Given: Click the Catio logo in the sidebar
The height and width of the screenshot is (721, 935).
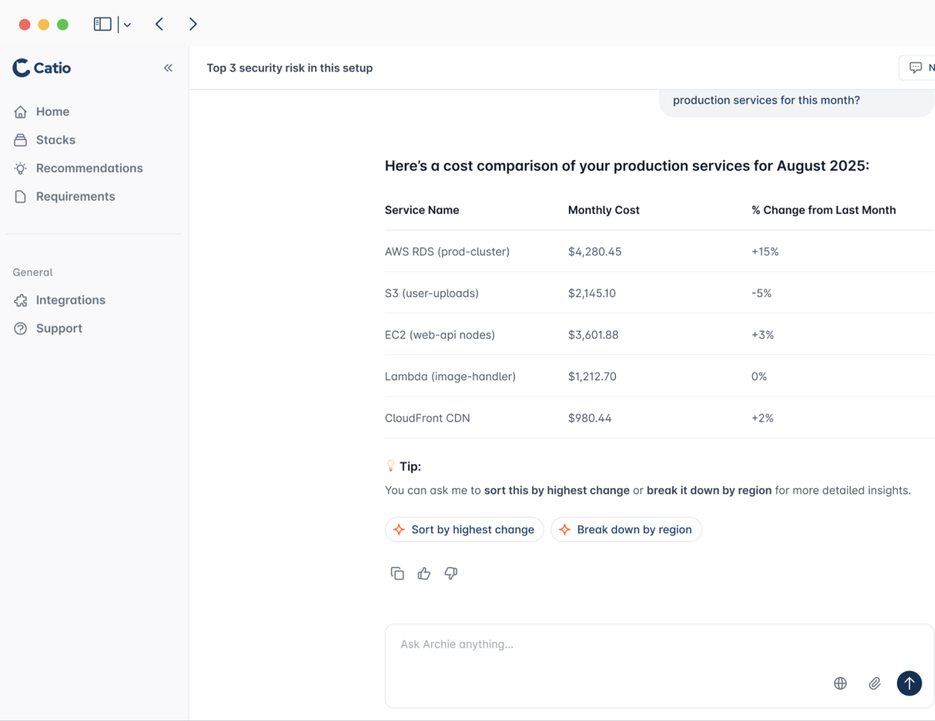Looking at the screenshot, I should [x=42, y=68].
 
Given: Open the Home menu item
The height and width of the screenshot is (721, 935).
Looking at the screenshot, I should [x=52, y=112].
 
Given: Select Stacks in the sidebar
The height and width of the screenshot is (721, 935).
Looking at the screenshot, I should [x=55, y=140].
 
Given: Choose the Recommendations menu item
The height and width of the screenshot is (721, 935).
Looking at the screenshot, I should [x=89, y=168].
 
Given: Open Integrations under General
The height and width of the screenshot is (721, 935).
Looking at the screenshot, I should [x=70, y=300].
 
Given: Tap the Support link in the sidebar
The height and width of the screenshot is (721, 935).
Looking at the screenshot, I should [x=59, y=329].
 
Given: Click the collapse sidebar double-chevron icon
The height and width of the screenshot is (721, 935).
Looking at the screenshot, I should [x=168, y=68].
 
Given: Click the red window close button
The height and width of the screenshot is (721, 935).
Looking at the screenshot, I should [x=24, y=24].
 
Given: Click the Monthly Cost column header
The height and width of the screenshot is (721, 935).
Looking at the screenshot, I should [x=604, y=210].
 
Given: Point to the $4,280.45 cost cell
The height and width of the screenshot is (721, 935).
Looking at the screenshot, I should [x=595, y=252].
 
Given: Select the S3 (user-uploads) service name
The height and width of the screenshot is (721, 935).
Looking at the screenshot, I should [x=431, y=293].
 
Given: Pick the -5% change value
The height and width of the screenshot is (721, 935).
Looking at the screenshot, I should [x=761, y=293].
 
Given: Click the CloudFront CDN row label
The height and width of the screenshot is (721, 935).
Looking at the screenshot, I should [x=427, y=418].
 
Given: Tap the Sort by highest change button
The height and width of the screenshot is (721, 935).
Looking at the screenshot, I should [x=464, y=530].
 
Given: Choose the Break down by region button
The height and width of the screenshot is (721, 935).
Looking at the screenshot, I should [x=626, y=530].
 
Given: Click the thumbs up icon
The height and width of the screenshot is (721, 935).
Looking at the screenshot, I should [x=424, y=574].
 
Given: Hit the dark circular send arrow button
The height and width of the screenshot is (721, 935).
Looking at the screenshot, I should [x=908, y=684].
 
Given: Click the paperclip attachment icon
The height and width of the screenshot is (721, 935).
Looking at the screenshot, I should [x=874, y=684].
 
